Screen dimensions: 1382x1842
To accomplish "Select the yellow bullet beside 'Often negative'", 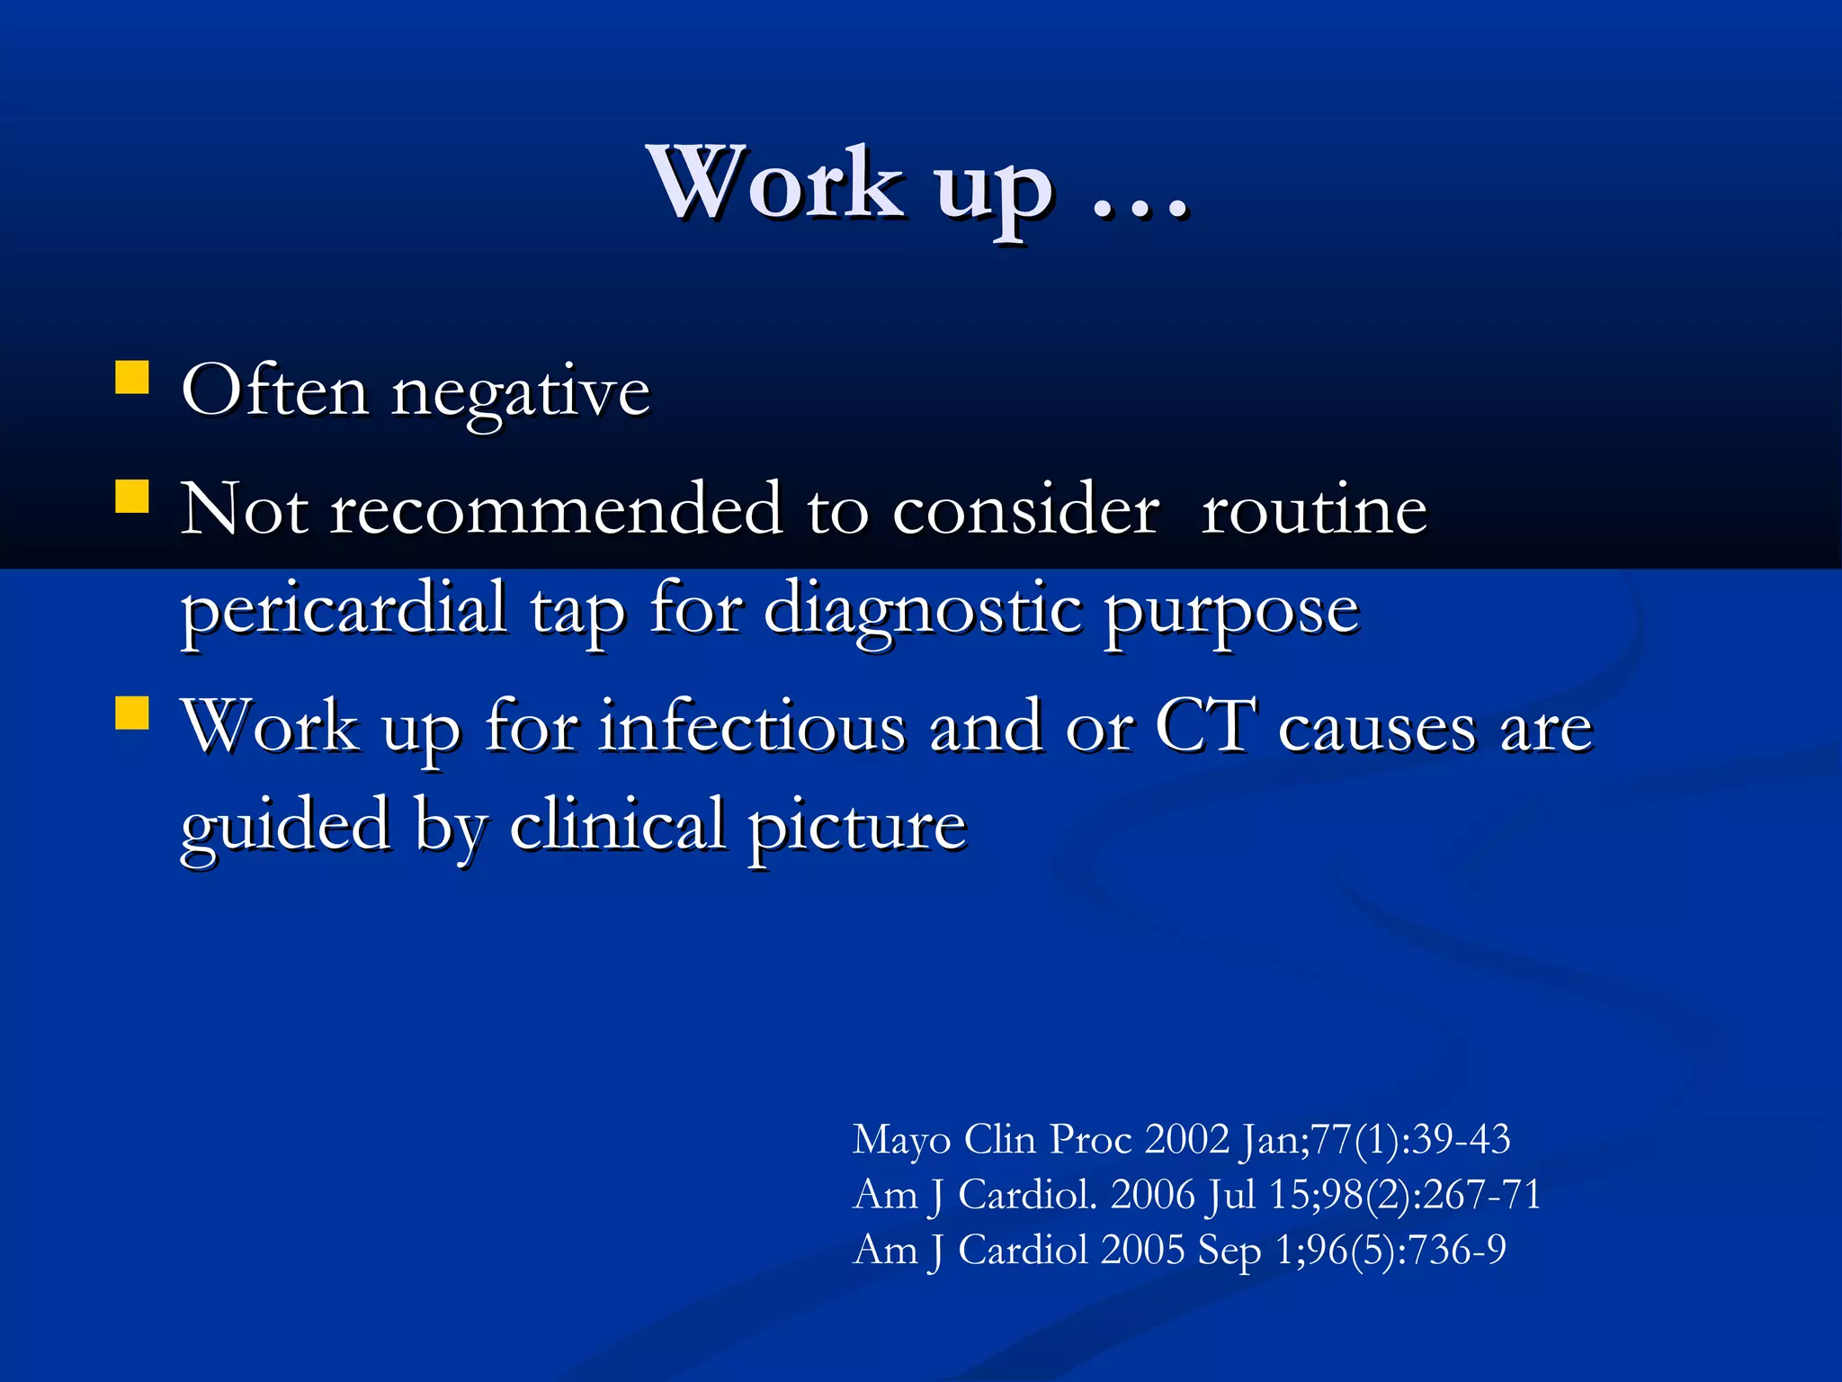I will (x=132, y=379).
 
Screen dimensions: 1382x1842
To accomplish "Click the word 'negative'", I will (x=521, y=394).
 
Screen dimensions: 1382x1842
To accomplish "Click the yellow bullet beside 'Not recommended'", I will (x=132, y=496).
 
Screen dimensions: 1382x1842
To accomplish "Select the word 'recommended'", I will (x=557, y=509).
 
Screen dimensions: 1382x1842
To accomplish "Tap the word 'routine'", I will (x=1314, y=509).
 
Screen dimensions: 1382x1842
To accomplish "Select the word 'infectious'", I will (x=753, y=726).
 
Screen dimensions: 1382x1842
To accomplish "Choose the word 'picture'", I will (x=857, y=827).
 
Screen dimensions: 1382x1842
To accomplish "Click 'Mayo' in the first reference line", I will (x=901, y=1141).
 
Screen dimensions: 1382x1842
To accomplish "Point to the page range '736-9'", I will (x=1456, y=1251).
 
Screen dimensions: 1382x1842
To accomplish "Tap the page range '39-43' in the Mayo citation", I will (x=1462, y=1140).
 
